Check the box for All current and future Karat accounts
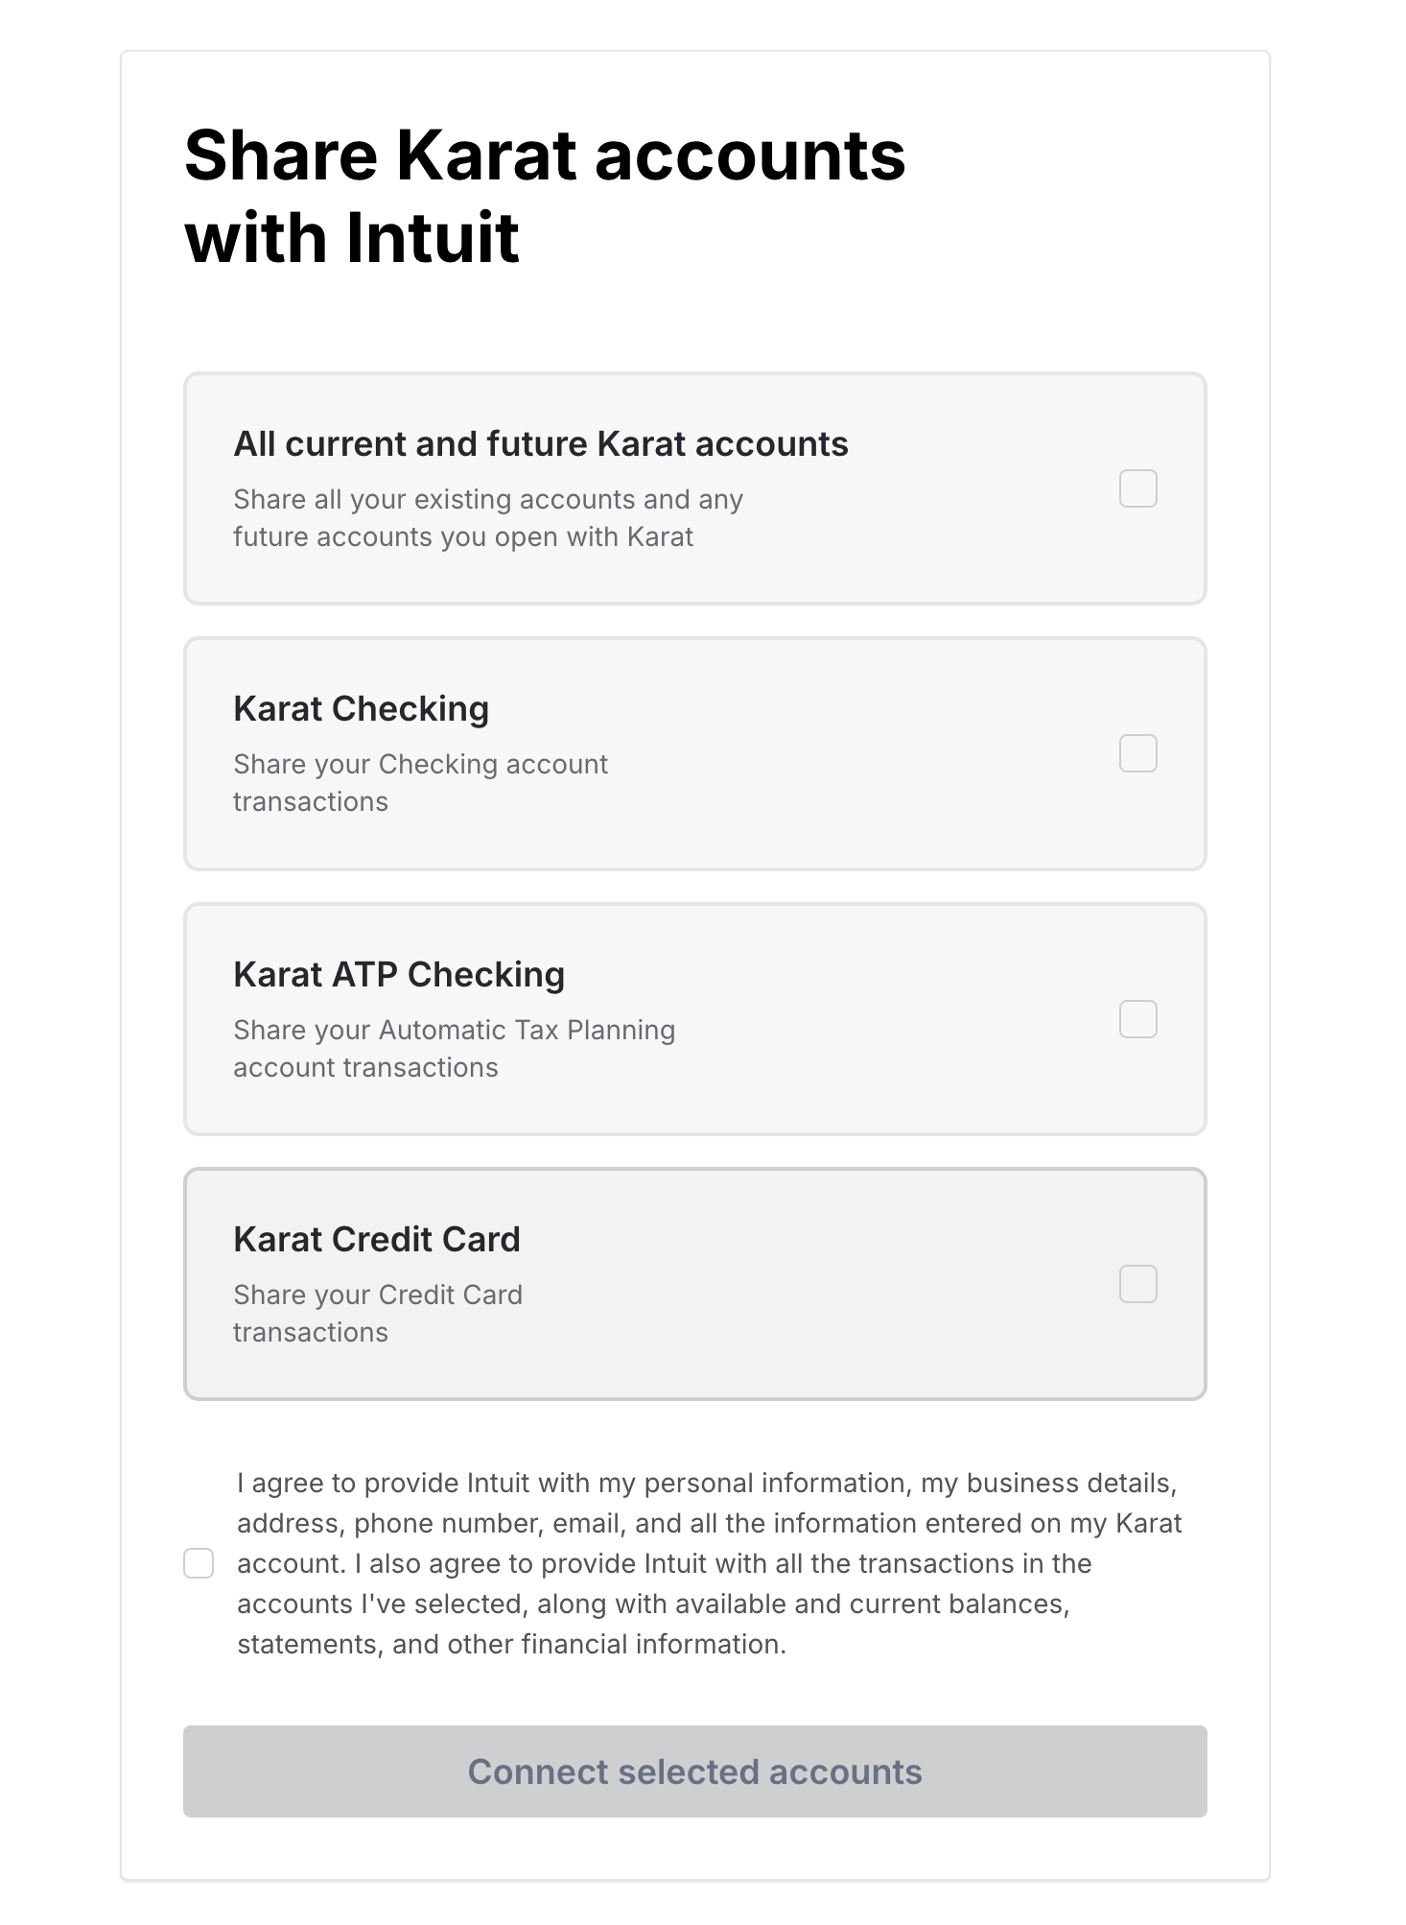tap(1137, 488)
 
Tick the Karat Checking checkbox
tap(1137, 753)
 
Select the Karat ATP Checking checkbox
tap(1137, 1019)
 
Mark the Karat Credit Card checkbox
tap(1137, 1284)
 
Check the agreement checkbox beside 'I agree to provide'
tap(199, 1563)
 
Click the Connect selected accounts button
tap(694, 1771)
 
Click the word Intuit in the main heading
tap(433, 238)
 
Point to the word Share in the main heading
tap(281, 155)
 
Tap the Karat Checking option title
tap(361, 709)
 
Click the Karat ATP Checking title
tap(399, 975)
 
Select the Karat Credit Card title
tap(376, 1240)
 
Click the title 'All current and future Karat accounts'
tap(541, 444)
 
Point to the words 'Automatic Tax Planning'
tap(527, 1030)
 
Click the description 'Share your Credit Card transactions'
tap(378, 1313)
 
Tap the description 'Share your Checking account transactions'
tap(420, 782)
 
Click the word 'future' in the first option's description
tap(270, 537)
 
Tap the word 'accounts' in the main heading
tap(750, 155)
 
